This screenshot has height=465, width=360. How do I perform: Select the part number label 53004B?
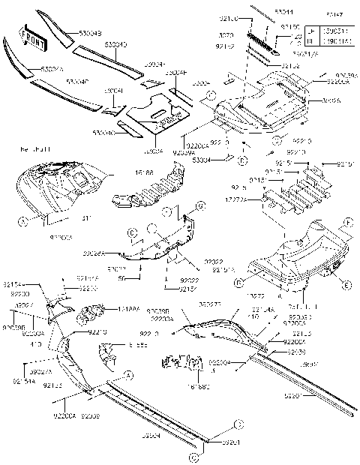pos(95,33)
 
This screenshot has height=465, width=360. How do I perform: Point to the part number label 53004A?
pos(52,69)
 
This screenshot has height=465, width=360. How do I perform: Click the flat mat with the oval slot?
pos(155,112)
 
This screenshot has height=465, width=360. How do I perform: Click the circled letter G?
pos(200,205)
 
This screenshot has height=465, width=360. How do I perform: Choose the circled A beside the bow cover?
pos(22,221)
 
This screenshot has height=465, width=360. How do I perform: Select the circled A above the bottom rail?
pos(127,374)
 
